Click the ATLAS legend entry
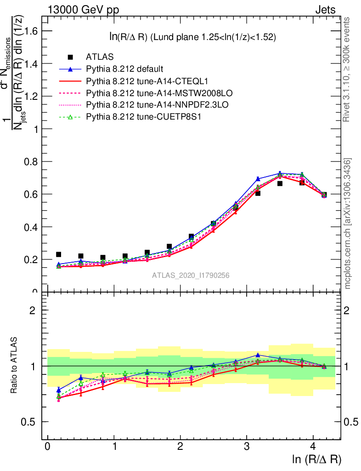click(x=99, y=57)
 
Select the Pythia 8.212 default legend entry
click(x=124, y=69)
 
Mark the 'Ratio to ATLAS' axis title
click(x=15, y=366)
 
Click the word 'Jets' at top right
click(x=325, y=9)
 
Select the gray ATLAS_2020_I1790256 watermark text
click(x=191, y=276)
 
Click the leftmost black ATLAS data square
click(x=58, y=254)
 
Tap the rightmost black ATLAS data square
click(x=324, y=195)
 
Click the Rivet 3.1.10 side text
click(x=347, y=69)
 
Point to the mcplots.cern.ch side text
click(x=347, y=224)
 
